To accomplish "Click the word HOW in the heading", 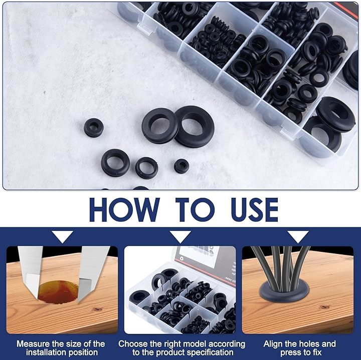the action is coord(124,210).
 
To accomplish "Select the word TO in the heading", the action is coord(195,210).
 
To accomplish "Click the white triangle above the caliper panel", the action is coord(62,237).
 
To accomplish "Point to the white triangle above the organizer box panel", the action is coord(180,237).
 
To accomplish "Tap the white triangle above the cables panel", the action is coord(298,237).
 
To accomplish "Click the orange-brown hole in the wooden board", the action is coord(58,292).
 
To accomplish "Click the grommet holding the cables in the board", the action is coord(285,293).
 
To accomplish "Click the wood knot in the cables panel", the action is coord(324,307).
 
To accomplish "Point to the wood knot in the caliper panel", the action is coord(97,309).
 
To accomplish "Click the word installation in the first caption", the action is coord(46,352).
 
